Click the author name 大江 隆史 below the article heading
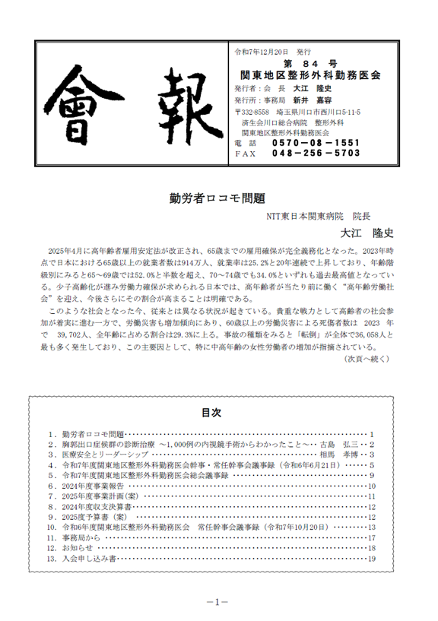click(x=365, y=232)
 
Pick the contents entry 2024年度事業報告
click(x=92, y=485)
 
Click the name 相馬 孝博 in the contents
click(x=338, y=454)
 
